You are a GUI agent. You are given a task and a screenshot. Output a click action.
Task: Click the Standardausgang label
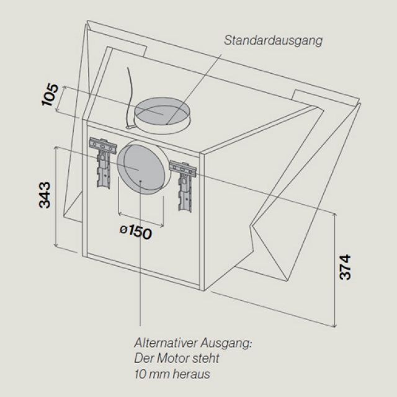coord(273,40)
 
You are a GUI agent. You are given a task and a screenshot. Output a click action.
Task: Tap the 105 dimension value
coord(50,94)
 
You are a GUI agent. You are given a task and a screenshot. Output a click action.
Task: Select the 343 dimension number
coord(45,195)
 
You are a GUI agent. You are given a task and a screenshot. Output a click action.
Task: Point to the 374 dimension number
coord(345,267)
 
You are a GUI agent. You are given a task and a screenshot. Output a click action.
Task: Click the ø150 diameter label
coord(136,232)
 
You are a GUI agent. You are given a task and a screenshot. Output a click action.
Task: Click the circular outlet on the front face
coord(142,167)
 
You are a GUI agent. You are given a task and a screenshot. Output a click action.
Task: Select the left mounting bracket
coord(103,162)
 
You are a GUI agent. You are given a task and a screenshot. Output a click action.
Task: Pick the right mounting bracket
coord(184,185)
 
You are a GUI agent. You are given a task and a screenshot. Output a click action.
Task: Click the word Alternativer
coord(166,343)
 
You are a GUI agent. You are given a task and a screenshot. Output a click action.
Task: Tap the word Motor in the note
coord(174,359)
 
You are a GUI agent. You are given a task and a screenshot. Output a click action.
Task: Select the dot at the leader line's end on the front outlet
coord(140,181)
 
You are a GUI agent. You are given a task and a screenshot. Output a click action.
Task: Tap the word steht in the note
coord(206,359)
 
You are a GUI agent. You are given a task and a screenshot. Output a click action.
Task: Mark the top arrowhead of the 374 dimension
coord(335,215)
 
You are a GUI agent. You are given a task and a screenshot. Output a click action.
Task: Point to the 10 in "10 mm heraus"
coord(140,374)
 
